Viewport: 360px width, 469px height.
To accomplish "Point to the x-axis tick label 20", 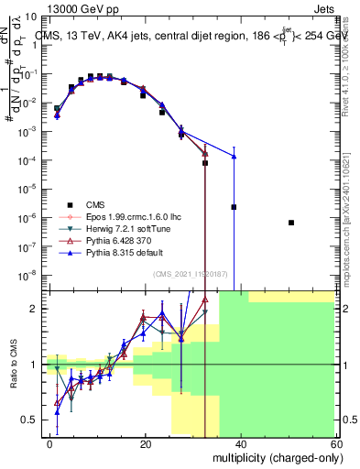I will [146, 443].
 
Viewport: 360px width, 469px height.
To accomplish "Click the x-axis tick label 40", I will [241, 443].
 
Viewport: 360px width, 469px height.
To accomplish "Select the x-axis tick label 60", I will [336, 443].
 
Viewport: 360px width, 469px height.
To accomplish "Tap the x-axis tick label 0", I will [50, 443].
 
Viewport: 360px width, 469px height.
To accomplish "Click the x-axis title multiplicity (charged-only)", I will [276, 457].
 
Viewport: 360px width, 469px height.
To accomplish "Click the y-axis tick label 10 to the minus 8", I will [31, 274].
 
